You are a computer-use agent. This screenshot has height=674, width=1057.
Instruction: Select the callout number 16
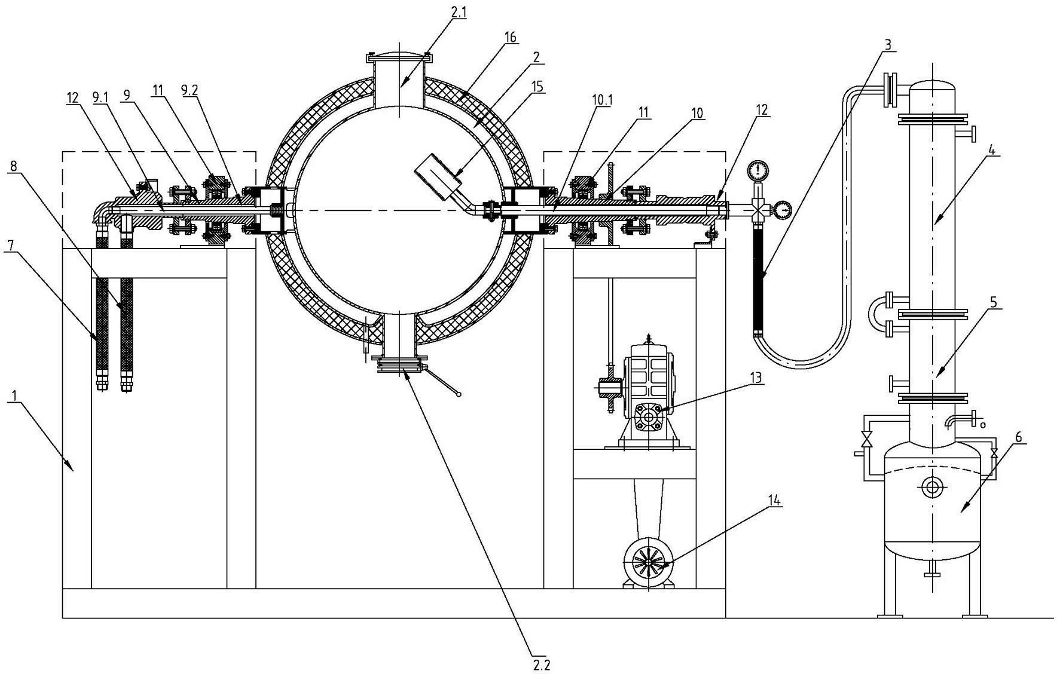coord(510,38)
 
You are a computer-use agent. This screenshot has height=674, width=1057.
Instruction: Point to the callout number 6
coord(1019,437)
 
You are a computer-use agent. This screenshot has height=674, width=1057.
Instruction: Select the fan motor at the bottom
coord(649,563)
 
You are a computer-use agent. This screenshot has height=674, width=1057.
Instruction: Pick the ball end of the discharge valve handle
coord(459,394)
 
